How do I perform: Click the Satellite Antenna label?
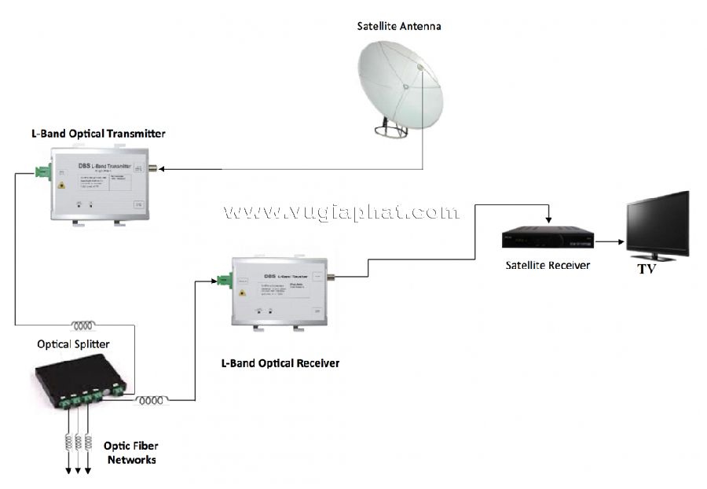click(398, 26)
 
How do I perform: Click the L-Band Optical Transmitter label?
click(93, 134)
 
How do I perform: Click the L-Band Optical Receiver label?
click(280, 363)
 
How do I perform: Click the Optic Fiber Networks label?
click(131, 453)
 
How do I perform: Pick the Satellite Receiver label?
click(548, 265)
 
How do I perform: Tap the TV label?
click(647, 269)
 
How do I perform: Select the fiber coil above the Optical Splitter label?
click(83, 325)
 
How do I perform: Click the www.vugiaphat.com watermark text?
click(341, 211)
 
